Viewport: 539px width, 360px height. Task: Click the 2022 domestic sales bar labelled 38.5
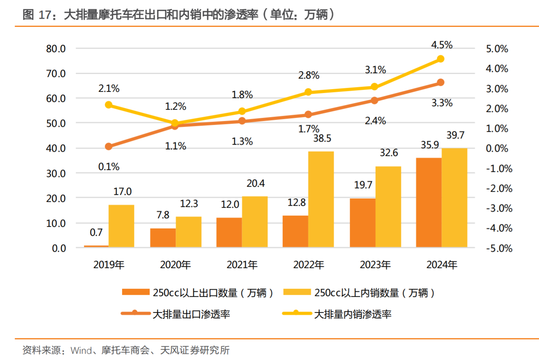pyautogui.click(x=321, y=199)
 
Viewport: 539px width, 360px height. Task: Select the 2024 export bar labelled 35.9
pyautogui.click(x=429, y=202)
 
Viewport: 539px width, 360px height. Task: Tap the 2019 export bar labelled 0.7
pyautogui.click(x=96, y=246)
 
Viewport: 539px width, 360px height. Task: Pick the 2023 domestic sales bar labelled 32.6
pyautogui.click(x=388, y=206)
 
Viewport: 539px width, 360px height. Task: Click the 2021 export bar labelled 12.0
pyautogui.click(x=229, y=232)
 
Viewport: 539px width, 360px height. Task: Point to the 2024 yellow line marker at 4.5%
pyautogui.click(x=440, y=59)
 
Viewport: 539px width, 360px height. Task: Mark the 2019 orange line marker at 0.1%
pyautogui.click(x=109, y=147)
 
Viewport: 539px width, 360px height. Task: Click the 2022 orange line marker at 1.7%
pyautogui.click(x=308, y=115)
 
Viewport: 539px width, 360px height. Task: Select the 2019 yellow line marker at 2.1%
pyautogui.click(x=109, y=105)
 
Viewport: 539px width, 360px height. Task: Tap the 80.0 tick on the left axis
pyautogui.click(x=56, y=49)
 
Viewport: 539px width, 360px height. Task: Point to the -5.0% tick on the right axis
pyautogui.click(x=499, y=248)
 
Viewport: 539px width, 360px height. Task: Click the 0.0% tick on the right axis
pyautogui.click(x=497, y=148)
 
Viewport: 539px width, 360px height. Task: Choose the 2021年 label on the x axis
pyautogui.click(x=242, y=265)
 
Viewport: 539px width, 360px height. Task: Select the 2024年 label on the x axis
pyautogui.click(x=442, y=265)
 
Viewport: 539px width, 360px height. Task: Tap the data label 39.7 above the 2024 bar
pyautogui.click(x=455, y=135)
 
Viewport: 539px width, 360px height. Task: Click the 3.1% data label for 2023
pyautogui.click(x=375, y=70)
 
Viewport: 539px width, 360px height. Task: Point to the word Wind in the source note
pyautogui.click(x=82, y=350)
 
